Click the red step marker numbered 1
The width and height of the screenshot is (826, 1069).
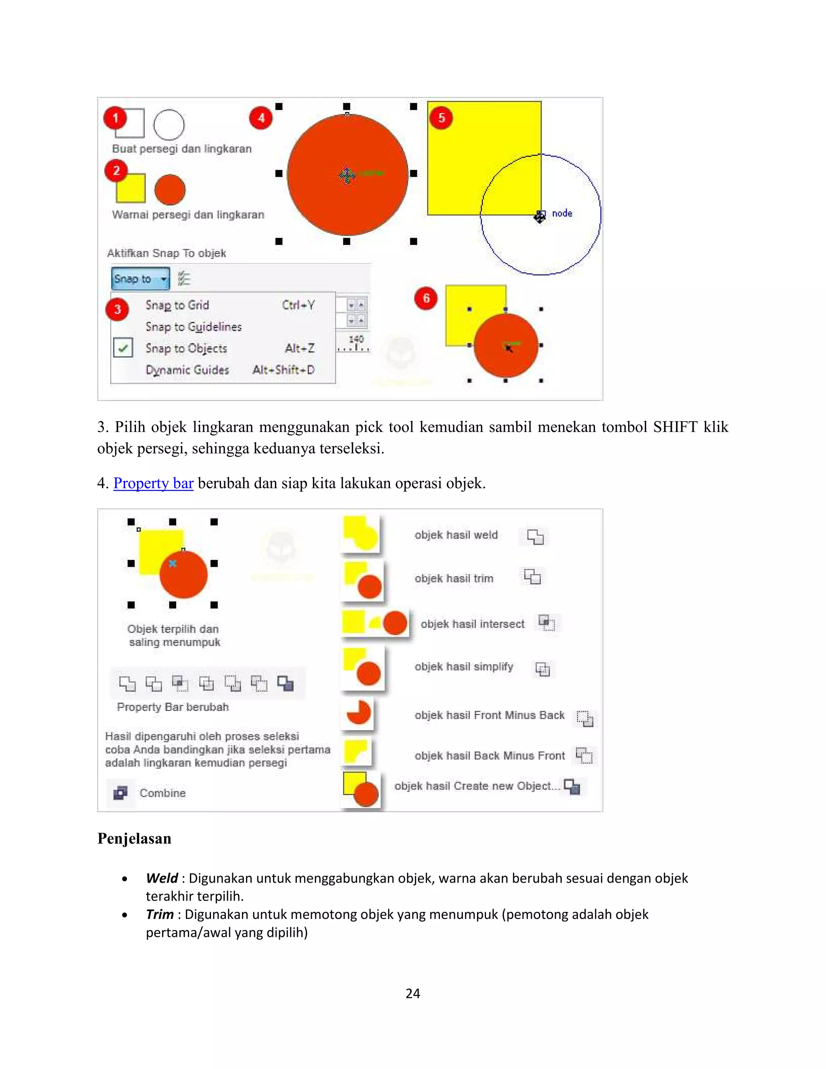(115, 118)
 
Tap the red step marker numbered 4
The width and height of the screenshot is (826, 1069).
(261, 118)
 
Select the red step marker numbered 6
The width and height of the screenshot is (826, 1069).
(426, 298)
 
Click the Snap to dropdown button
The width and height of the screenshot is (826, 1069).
(140, 278)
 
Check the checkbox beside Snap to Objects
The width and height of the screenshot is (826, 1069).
(123, 348)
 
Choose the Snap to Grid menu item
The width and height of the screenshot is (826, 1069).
(177, 305)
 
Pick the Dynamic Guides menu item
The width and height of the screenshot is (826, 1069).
(187, 370)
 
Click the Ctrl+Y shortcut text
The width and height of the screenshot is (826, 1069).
(298, 305)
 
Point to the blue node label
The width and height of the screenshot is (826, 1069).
(562, 213)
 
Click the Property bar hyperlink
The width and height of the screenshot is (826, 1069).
(153, 483)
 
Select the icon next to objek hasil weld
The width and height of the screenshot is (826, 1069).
(535, 537)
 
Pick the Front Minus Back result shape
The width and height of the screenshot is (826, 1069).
(359, 713)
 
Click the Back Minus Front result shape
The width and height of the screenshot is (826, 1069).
(357, 752)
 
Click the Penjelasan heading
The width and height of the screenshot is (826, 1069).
(134, 839)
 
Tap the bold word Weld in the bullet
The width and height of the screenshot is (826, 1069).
(161, 878)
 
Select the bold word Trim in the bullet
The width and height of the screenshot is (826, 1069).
(160, 914)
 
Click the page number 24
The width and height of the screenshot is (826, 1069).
(413, 993)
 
